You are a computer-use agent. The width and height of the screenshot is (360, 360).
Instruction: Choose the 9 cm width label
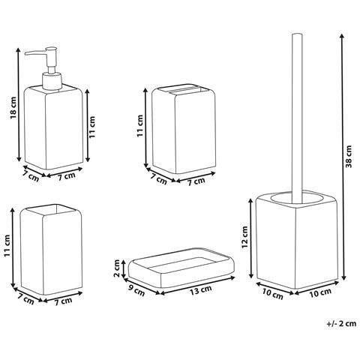pyautogui.click(x=136, y=289)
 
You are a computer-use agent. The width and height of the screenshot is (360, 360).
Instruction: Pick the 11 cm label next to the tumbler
pyautogui.click(x=8, y=250)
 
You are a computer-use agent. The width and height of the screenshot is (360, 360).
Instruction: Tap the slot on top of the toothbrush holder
pyautogui.click(x=185, y=91)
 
